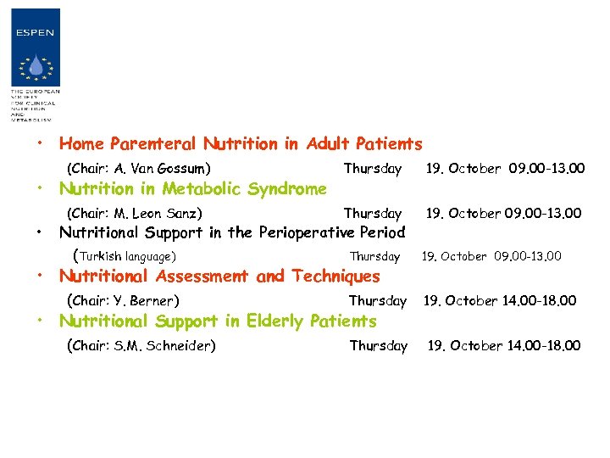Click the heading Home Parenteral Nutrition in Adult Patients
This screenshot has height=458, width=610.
pyautogui.click(x=240, y=144)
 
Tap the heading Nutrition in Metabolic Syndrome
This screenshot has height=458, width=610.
pyautogui.click(x=191, y=189)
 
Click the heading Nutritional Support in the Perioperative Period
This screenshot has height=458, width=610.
pyautogui.click(x=231, y=232)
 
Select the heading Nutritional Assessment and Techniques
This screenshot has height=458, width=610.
pyautogui.click(x=219, y=276)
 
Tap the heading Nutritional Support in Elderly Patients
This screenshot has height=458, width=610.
pyautogui.click(x=217, y=321)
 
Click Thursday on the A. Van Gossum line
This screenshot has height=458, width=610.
pyautogui.click(x=373, y=169)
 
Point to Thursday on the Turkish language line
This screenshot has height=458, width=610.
pyautogui.click(x=375, y=256)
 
